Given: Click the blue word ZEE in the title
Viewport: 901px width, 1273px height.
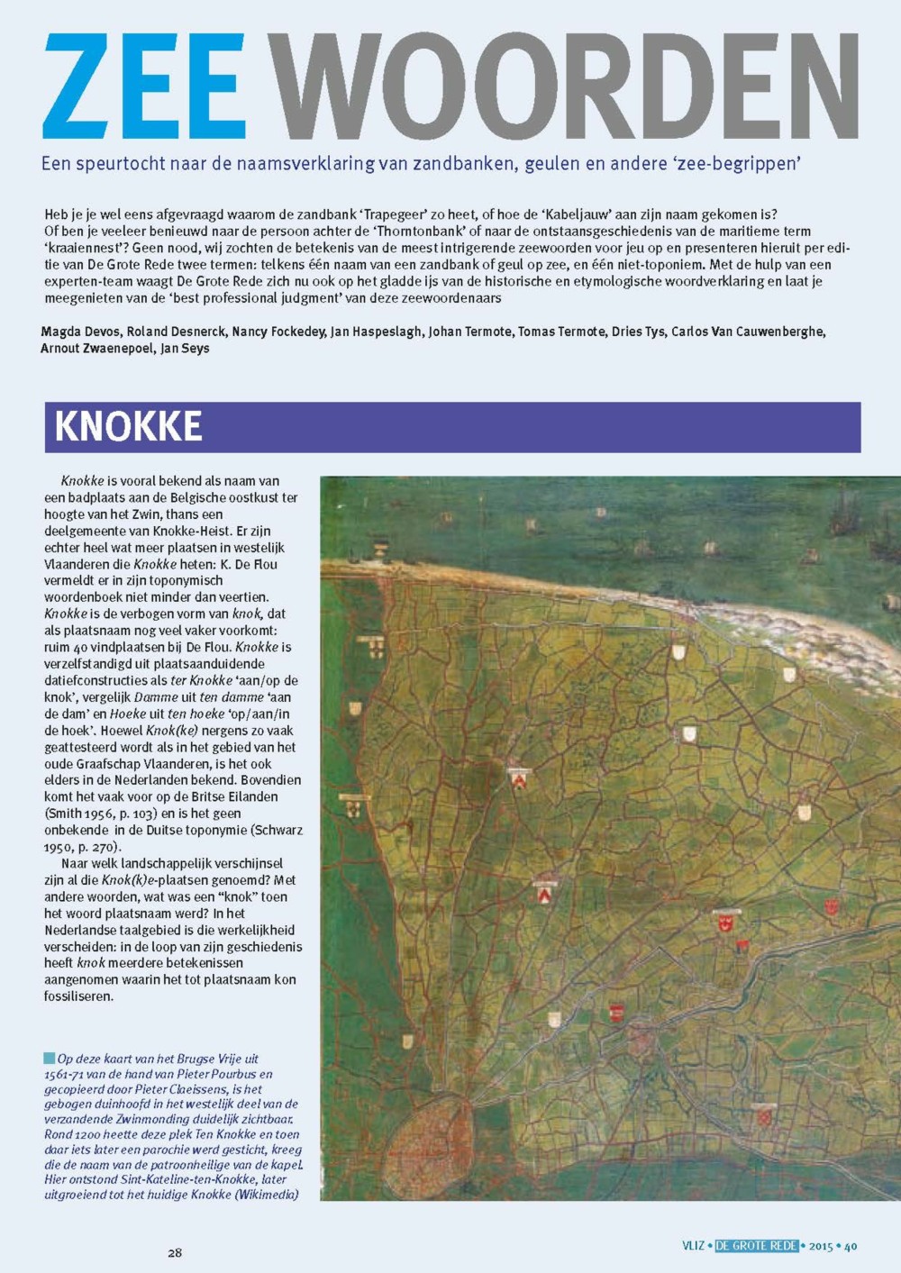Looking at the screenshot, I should [x=144, y=87].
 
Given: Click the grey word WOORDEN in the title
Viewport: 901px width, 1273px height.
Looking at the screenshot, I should [x=566, y=87].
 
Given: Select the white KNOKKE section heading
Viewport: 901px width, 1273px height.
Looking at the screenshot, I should [x=128, y=427].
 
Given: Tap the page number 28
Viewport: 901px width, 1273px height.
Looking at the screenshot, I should [x=175, y=1252].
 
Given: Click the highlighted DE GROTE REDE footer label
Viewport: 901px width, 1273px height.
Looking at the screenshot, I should [x=757, y=1246].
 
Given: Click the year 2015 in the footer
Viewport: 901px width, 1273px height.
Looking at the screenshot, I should [x=821, y=1246].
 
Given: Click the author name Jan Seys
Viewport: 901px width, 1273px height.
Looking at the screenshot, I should [x=185, y=348].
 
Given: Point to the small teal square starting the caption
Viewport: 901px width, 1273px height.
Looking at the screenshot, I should [x=49, y=1059].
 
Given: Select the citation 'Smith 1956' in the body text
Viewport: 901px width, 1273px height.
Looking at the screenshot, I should [x=77, y=814].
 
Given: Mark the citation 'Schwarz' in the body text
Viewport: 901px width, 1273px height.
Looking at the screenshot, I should [x=277, y=830].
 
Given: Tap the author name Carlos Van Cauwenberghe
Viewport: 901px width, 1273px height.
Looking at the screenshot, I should [x=747, y=332].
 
